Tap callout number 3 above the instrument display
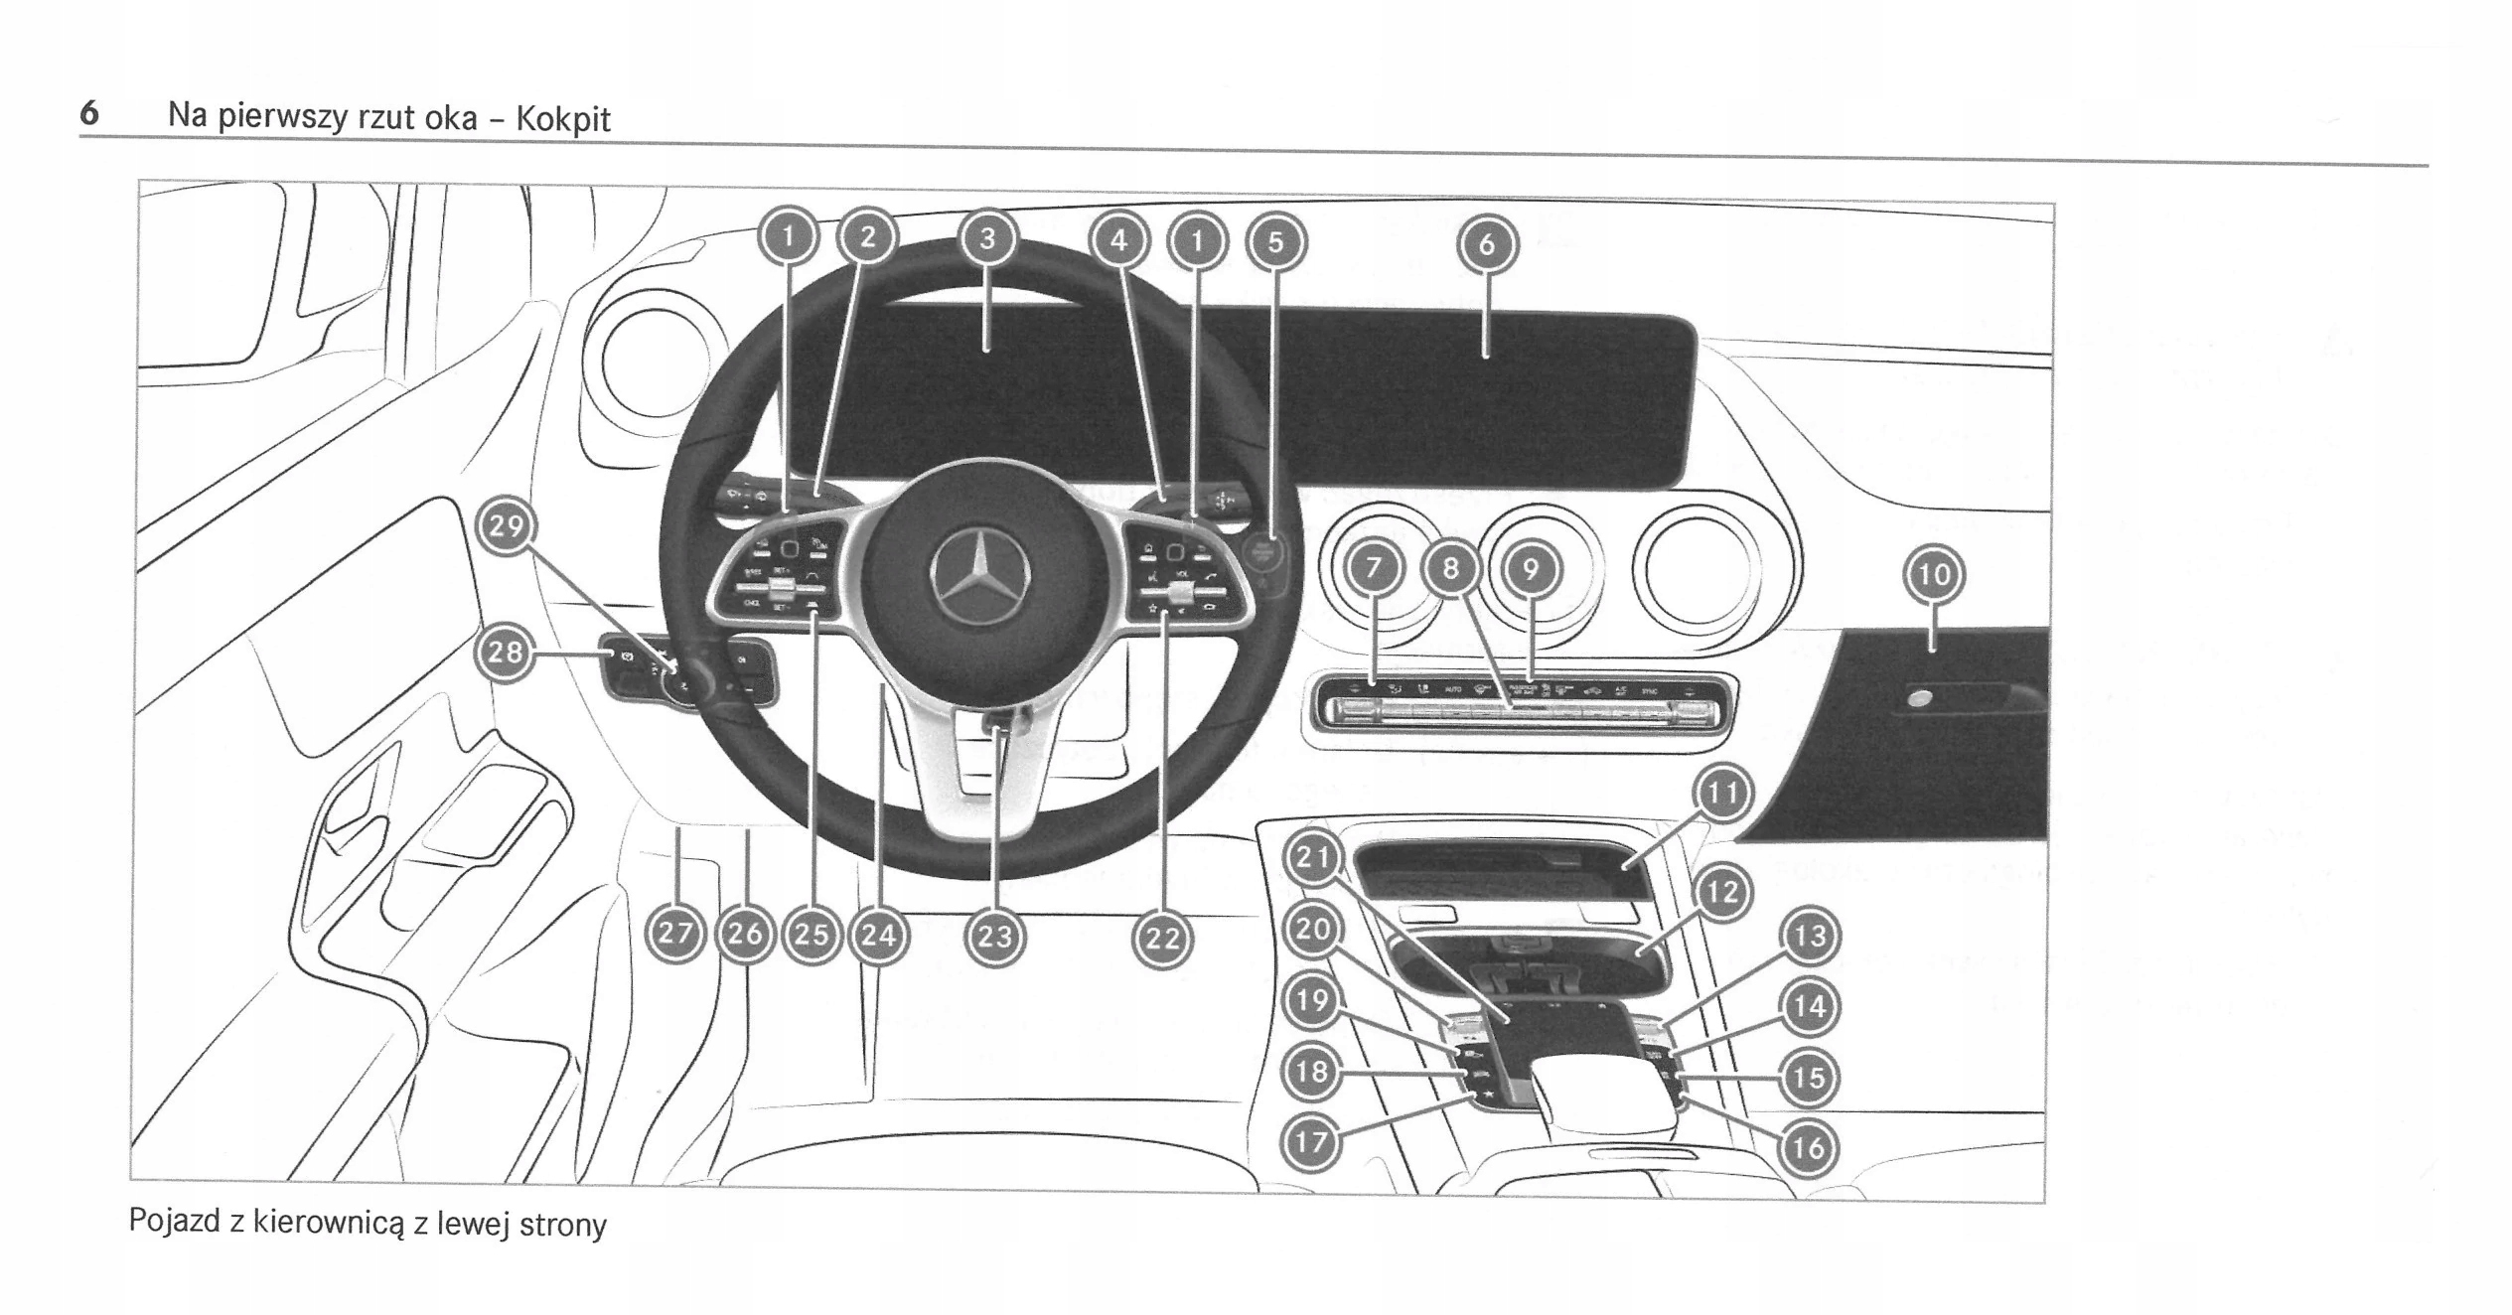pyautogui.click(x=987, y=239)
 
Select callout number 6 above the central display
pyautogui.click(x=1487, y=244)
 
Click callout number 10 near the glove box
pyautogui.click(x=1934, y=574)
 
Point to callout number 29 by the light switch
pyautogui.click(x=507, y=525)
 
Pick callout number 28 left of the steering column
pyautogui.click(x=505, y=652)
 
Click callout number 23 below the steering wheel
pyautogui.click(x=994, y=936)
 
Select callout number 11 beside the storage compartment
pyautogui.click(x=1722, y=793)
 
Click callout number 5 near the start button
pyautogui.click(x=1275, y=241)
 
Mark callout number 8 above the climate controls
pyautogui.click(x=1451, y=568)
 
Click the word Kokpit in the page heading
pyautogui.click(x=563, y=120)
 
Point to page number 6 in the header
pyautogui.click(x=89, y=112)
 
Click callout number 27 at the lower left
pyautogui.click(x=675, y=934)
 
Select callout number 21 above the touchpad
pyautogui.click(x=1313, y=857)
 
